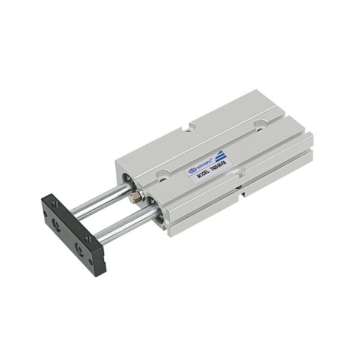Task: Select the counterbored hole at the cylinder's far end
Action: (260, 125)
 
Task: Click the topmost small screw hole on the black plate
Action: (55, 205)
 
